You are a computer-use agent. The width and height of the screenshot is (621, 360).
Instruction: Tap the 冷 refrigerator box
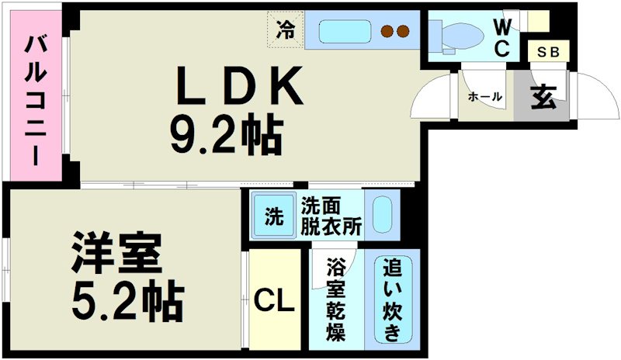tap(286, 32)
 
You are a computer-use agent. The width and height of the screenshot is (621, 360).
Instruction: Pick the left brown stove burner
tap(386, 32)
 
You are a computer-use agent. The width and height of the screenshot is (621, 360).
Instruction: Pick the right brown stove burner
tap(403, 32)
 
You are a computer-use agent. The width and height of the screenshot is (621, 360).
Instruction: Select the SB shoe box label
tap(550, 53)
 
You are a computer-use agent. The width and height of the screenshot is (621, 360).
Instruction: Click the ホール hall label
tap(485, 96)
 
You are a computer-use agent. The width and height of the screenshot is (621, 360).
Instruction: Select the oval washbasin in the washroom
tap(383, 213)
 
